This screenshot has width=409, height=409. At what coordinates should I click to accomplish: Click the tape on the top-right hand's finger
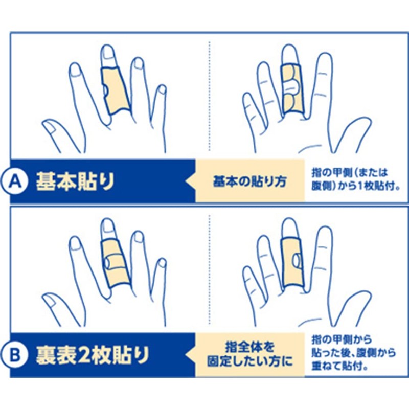(292, 89)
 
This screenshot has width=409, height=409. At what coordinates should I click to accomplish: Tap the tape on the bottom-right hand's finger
(292, 261)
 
